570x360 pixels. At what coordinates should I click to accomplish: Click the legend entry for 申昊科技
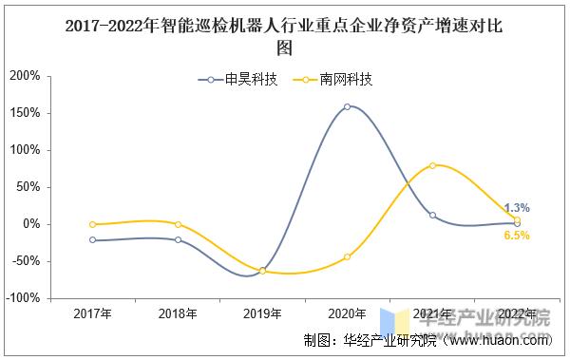pos(237,80)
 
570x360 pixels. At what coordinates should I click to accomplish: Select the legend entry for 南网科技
pos(333,80)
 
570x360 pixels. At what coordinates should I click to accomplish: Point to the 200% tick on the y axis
pos(25,76)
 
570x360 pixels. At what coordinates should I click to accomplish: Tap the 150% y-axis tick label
pos(25,113)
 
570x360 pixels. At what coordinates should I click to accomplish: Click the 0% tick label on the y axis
pos(31,224)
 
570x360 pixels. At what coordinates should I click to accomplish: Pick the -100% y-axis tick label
pos(23,298)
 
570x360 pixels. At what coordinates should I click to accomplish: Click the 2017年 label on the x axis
pos(92,313)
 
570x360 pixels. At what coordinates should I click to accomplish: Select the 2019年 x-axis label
pos(262,313)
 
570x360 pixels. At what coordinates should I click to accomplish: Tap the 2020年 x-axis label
pos(347,313)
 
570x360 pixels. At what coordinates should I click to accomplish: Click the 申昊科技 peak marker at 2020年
pos(347,106)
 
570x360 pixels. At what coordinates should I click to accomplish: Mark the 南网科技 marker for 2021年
pos(432,165)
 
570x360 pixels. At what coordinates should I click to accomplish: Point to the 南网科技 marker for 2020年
pos(347,256)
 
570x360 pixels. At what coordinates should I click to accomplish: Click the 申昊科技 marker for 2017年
pos(92,240)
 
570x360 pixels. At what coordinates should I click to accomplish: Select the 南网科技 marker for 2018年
pos(178,224)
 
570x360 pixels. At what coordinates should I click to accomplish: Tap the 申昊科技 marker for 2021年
pos(432,216)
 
